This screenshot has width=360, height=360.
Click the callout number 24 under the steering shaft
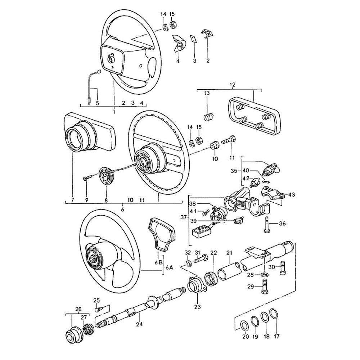(x=139, y=324)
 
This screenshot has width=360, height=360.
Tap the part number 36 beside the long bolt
(x=282, y=224)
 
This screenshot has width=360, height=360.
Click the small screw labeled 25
(x=98, y=309)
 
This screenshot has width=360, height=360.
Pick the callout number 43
(x=292, y=194)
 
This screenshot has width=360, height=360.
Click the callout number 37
(x=184, y=217)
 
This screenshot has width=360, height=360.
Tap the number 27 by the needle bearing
(x=84, y=317)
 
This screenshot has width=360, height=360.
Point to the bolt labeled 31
(x=200, y=259)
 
